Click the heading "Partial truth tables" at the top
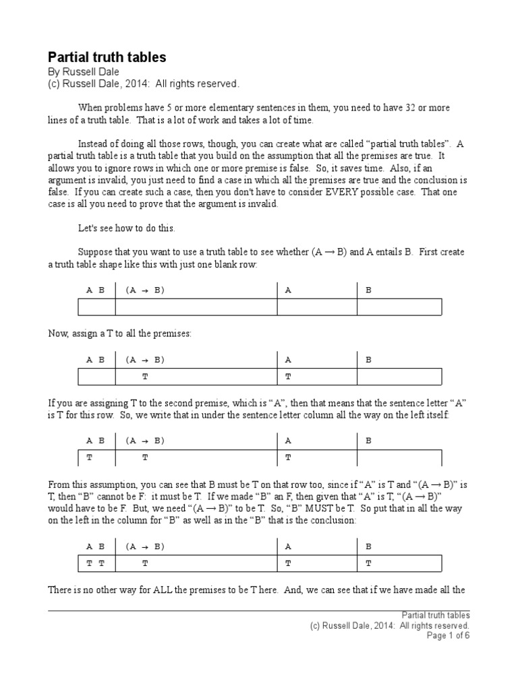point(107,58)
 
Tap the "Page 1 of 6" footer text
point(449,635)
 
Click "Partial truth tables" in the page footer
point(436,615)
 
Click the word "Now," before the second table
point(59,334)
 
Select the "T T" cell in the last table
point(95,563)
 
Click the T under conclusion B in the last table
point(368,563)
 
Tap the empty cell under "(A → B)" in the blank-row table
point(196,307)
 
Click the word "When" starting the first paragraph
point(90,108)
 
